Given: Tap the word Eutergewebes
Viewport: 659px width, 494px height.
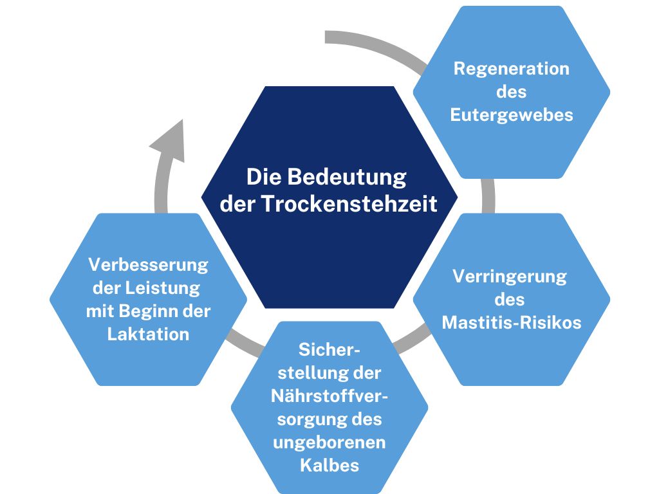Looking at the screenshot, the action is click(512, 115).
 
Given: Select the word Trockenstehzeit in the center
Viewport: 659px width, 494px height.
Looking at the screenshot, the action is click(349, 204).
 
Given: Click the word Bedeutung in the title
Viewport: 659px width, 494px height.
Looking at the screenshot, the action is click(347, 177).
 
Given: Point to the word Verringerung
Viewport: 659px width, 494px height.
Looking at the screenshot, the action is click(510, 277).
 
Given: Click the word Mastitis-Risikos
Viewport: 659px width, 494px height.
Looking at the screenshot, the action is click(512, 323).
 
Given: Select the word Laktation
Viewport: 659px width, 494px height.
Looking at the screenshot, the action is click(149, 334).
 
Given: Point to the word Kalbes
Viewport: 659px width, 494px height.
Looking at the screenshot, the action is click(329, 466).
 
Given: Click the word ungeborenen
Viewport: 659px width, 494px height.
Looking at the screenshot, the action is click(329, 443).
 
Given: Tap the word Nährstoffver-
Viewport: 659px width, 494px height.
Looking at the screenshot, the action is click(329, 396).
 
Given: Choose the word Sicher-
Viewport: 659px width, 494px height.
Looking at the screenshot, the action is click(329, 350).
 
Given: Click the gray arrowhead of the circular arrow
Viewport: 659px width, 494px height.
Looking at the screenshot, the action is click(171, 142).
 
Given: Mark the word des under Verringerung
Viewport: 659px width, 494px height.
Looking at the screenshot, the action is click(510, 300).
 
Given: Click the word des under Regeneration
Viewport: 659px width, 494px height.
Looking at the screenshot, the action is click(511, 92).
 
